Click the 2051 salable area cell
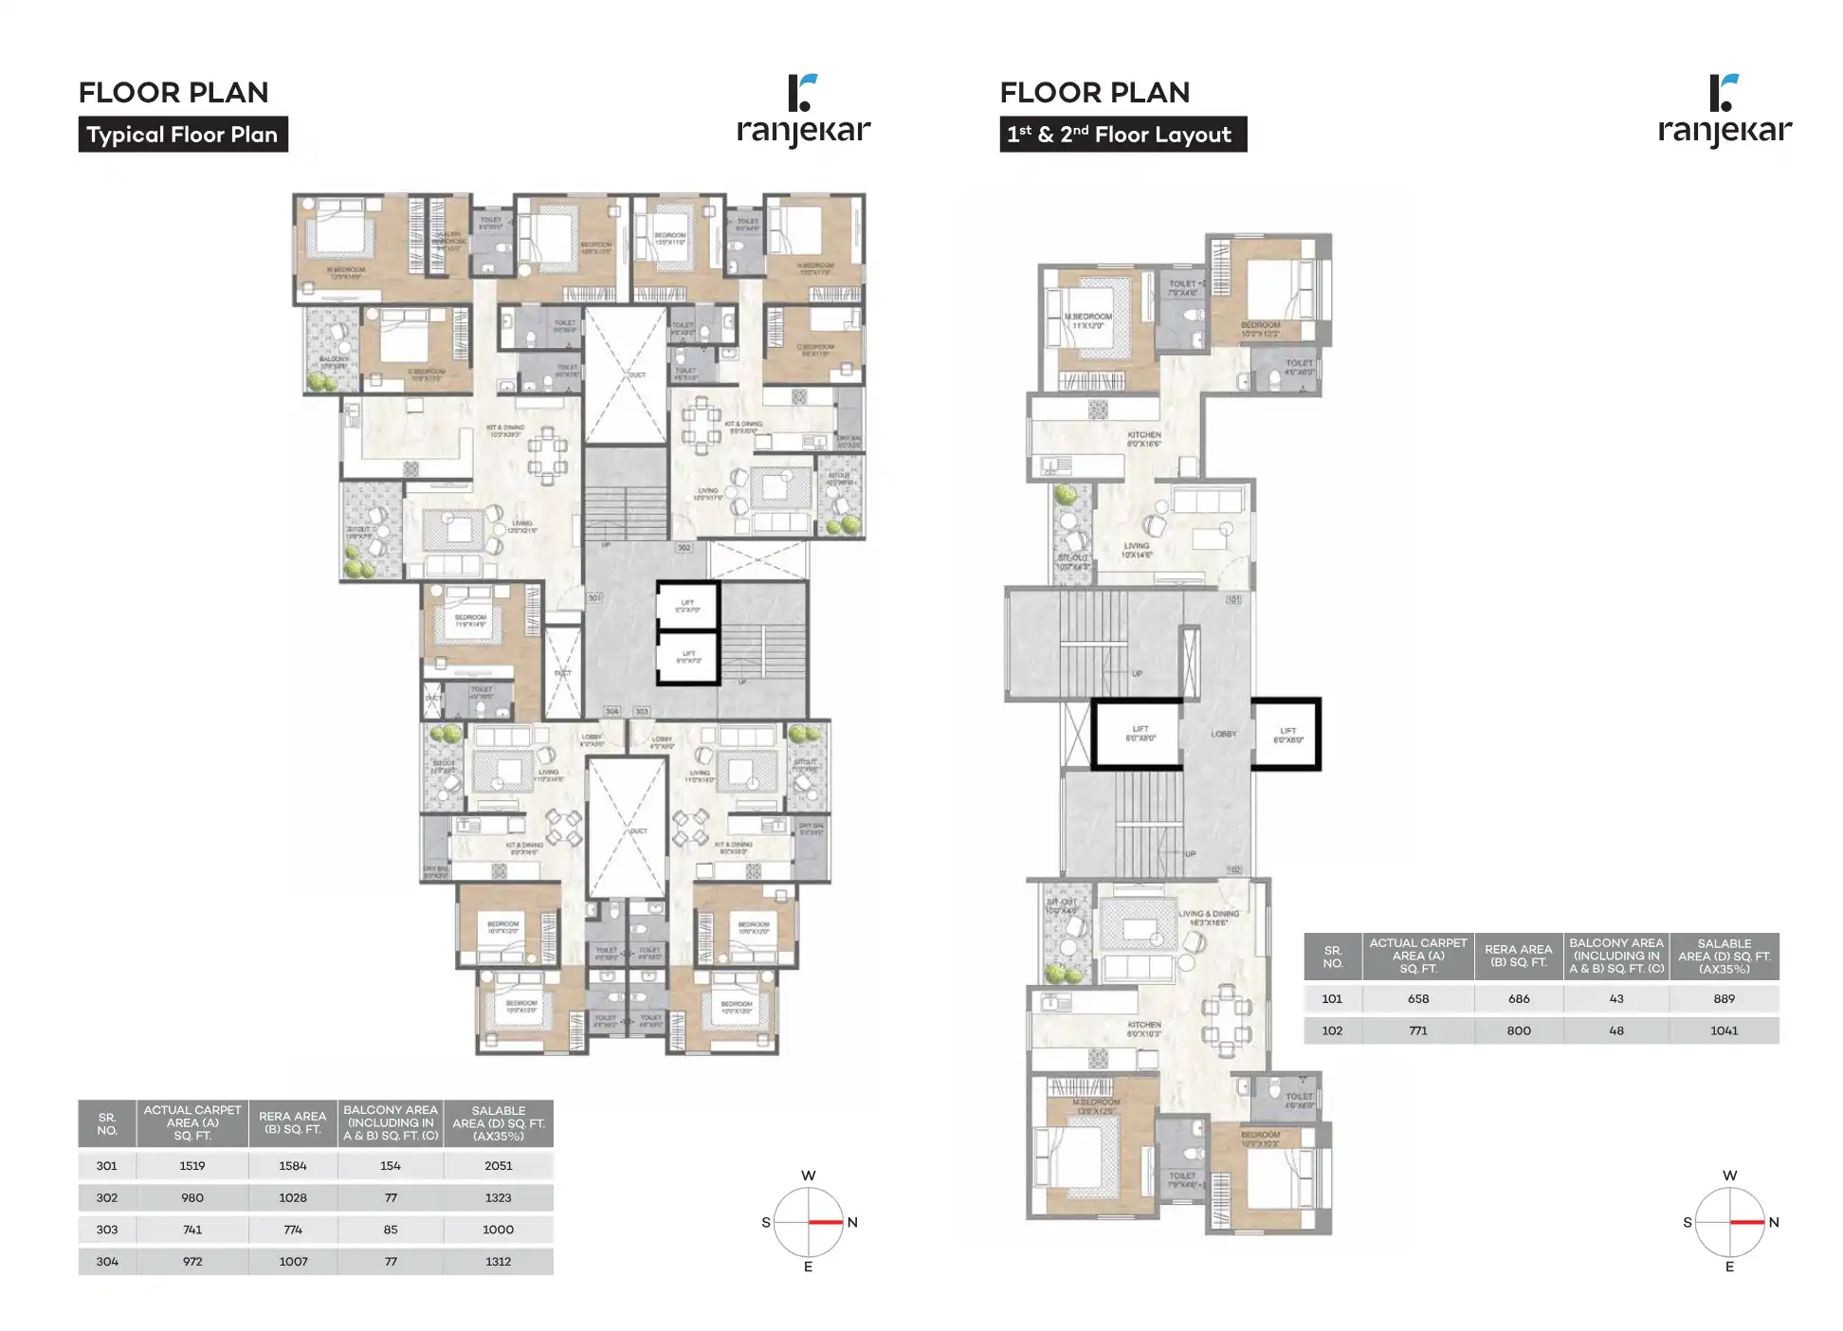tap(498, 1166)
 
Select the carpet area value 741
tap(192, 1230)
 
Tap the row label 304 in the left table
tap(107, 1262)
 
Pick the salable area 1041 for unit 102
tap(1724, 1030)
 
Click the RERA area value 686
tap(1518, 999)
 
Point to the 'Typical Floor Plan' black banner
tap(183, 135)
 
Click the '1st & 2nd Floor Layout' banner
tap(1122, 135)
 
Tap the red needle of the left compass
tap(826, 1222)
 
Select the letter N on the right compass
tap(1774, 1222)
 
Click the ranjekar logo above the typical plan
tap(803, 111)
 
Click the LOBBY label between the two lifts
tap(1223, 734)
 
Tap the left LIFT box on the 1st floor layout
tap(1139, 733)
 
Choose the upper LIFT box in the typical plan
tap(688, 606)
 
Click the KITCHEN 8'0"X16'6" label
tap(1144, 439)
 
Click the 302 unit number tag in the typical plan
tap(684, 548)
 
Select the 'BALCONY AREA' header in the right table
tap(1615, 956)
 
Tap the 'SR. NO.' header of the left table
tap(107, 1123)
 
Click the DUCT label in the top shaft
tap(637, 374)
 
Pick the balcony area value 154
tap(391, 1166)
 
